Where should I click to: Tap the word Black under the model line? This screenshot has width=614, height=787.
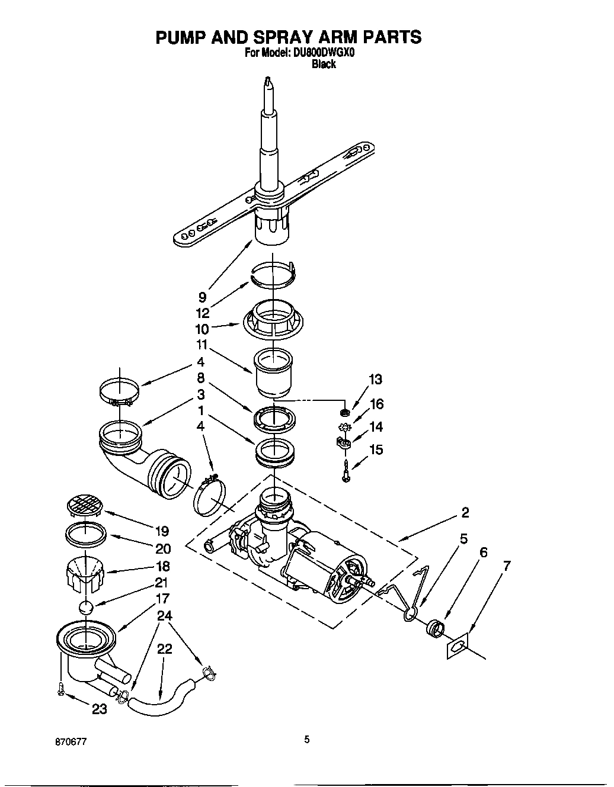pos(324,65)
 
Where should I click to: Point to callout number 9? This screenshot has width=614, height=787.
pos(203,298)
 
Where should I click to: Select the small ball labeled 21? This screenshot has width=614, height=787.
pos(86,608)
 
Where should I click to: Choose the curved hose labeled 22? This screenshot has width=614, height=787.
pos(163,699)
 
